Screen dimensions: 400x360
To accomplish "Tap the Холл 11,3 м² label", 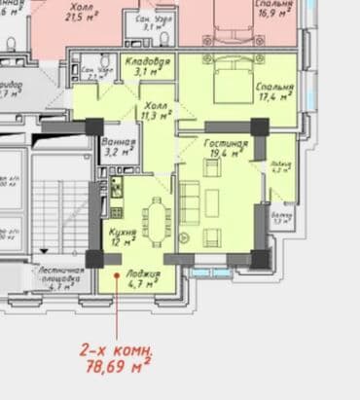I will pos(155,111).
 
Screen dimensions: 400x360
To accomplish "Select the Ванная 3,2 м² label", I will pos(120,148).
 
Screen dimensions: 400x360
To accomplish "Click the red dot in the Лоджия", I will pos(117,277).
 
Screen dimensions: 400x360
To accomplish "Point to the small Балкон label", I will pos(282,217).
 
